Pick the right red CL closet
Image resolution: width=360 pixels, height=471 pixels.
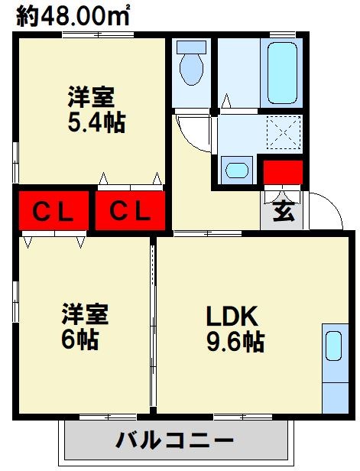(129, 210)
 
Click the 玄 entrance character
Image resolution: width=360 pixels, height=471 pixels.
(284, 212)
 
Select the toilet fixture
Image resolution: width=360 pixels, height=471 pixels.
(191, 65)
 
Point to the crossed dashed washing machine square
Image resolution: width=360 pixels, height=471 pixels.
(284, 135)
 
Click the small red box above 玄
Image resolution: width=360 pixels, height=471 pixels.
(283, 173)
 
